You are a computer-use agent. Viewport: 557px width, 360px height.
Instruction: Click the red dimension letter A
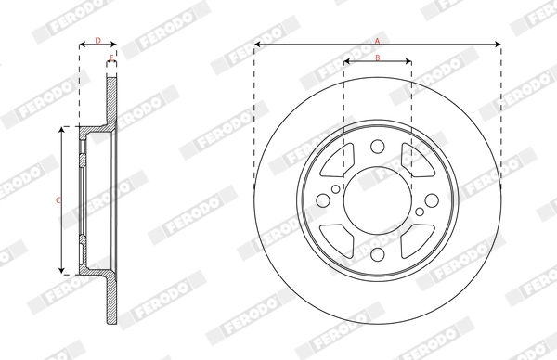377,41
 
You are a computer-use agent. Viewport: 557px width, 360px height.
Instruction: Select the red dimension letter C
58,199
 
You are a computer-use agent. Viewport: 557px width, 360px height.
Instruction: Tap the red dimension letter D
97,40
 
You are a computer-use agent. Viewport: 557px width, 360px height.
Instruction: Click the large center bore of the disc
377,199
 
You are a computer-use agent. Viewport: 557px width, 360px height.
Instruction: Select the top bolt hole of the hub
377,147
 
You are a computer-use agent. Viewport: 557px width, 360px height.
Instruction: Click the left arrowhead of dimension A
256,44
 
